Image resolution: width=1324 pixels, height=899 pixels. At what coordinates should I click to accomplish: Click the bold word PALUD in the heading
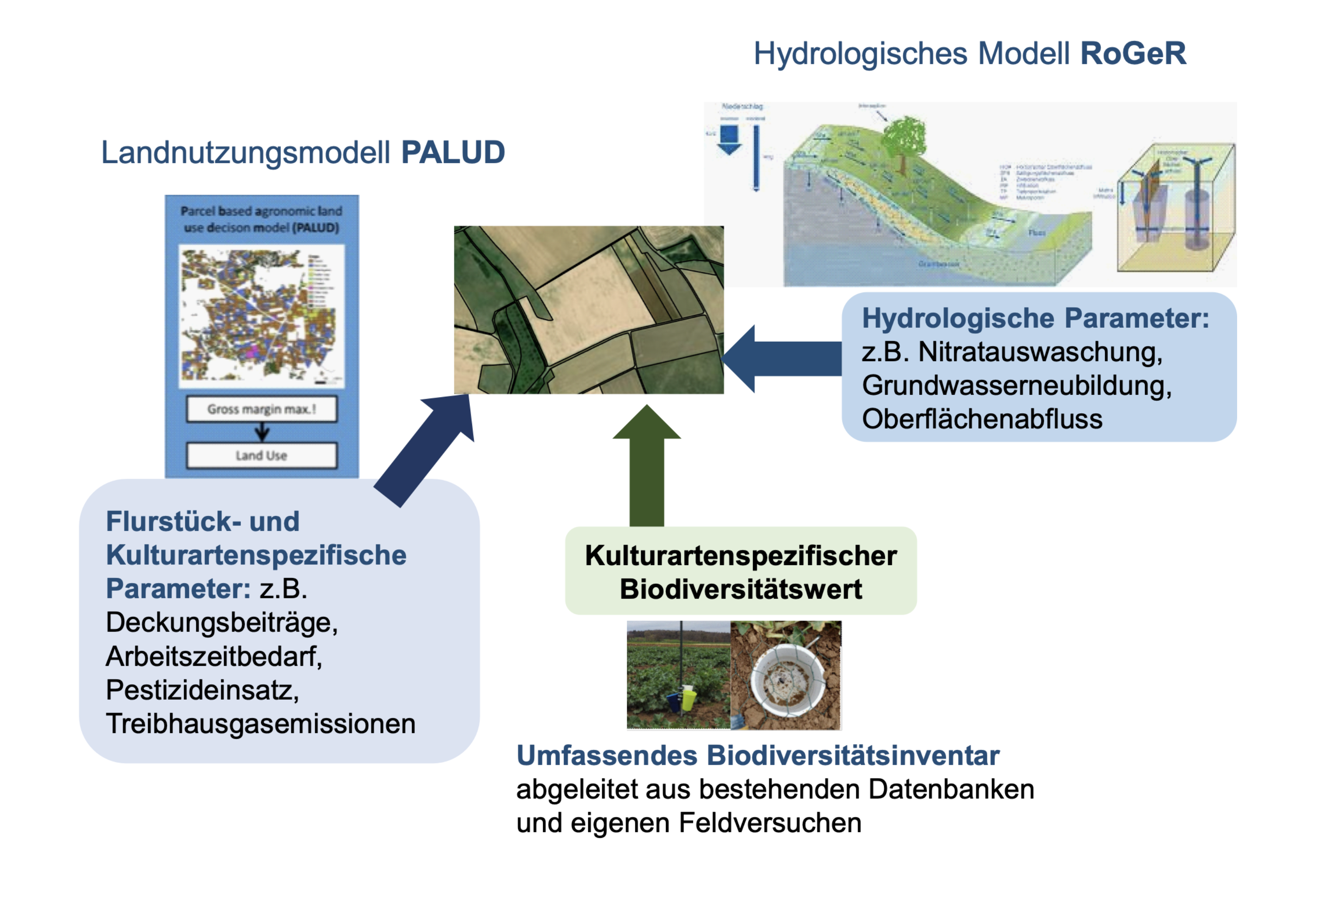(453, 153)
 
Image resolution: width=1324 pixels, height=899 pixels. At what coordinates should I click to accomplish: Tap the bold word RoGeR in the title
(1133, 54)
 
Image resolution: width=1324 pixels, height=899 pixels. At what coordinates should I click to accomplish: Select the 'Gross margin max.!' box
(262, 409)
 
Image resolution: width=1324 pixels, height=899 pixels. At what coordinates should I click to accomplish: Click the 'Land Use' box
(262, 456)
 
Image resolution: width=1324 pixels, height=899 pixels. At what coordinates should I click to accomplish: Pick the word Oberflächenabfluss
(982, 420)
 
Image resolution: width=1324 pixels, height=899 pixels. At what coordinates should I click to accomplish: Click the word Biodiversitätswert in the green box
(741, 589)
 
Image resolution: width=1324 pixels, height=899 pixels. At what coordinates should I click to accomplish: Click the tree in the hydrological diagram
(904, 140)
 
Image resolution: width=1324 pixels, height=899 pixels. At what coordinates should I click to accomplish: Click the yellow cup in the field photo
(689, 700)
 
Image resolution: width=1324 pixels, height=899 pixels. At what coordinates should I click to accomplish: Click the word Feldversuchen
(770, 823)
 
